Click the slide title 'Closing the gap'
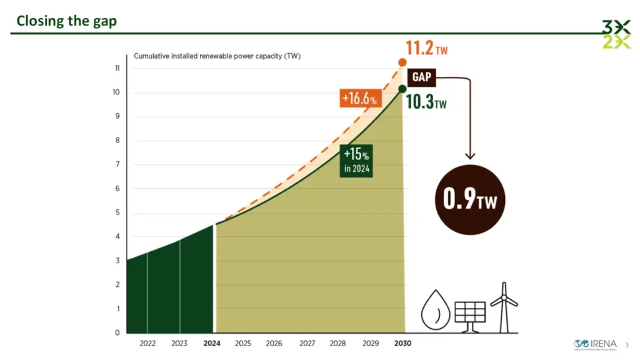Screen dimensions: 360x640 click(67, 21)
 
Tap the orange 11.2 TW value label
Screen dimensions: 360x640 click(426, 47)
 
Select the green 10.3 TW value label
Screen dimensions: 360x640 click(426, 102)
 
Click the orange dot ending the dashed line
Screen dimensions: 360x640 click(402, 62)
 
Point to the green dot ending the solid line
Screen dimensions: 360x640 click(402, 89)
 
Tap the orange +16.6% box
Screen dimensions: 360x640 click(359, 99)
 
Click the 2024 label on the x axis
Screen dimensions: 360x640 click(211, 343)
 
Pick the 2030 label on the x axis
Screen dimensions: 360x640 click(402, 343)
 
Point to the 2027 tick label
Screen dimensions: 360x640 click(307, 343)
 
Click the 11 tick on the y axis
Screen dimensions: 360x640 click(117, 68)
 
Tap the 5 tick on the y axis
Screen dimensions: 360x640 click(117, 212)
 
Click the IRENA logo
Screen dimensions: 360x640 click(595, 344)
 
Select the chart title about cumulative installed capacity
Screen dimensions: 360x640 click(217, 56)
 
